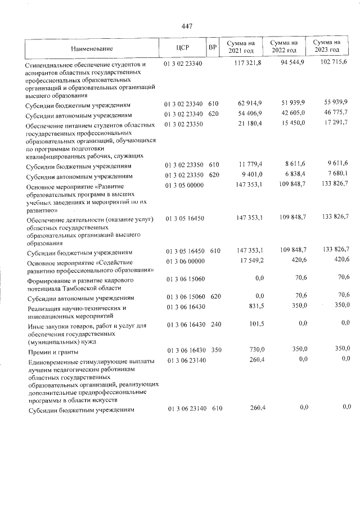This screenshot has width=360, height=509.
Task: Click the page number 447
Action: [x=187, y=26]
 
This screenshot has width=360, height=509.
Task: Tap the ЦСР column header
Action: [x=182, y=48]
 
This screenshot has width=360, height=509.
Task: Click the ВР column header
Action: [x=212, y=48]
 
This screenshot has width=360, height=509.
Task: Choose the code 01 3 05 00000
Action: [x=184, y=185]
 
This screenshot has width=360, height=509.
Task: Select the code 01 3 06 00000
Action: [x=184, y=260]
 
